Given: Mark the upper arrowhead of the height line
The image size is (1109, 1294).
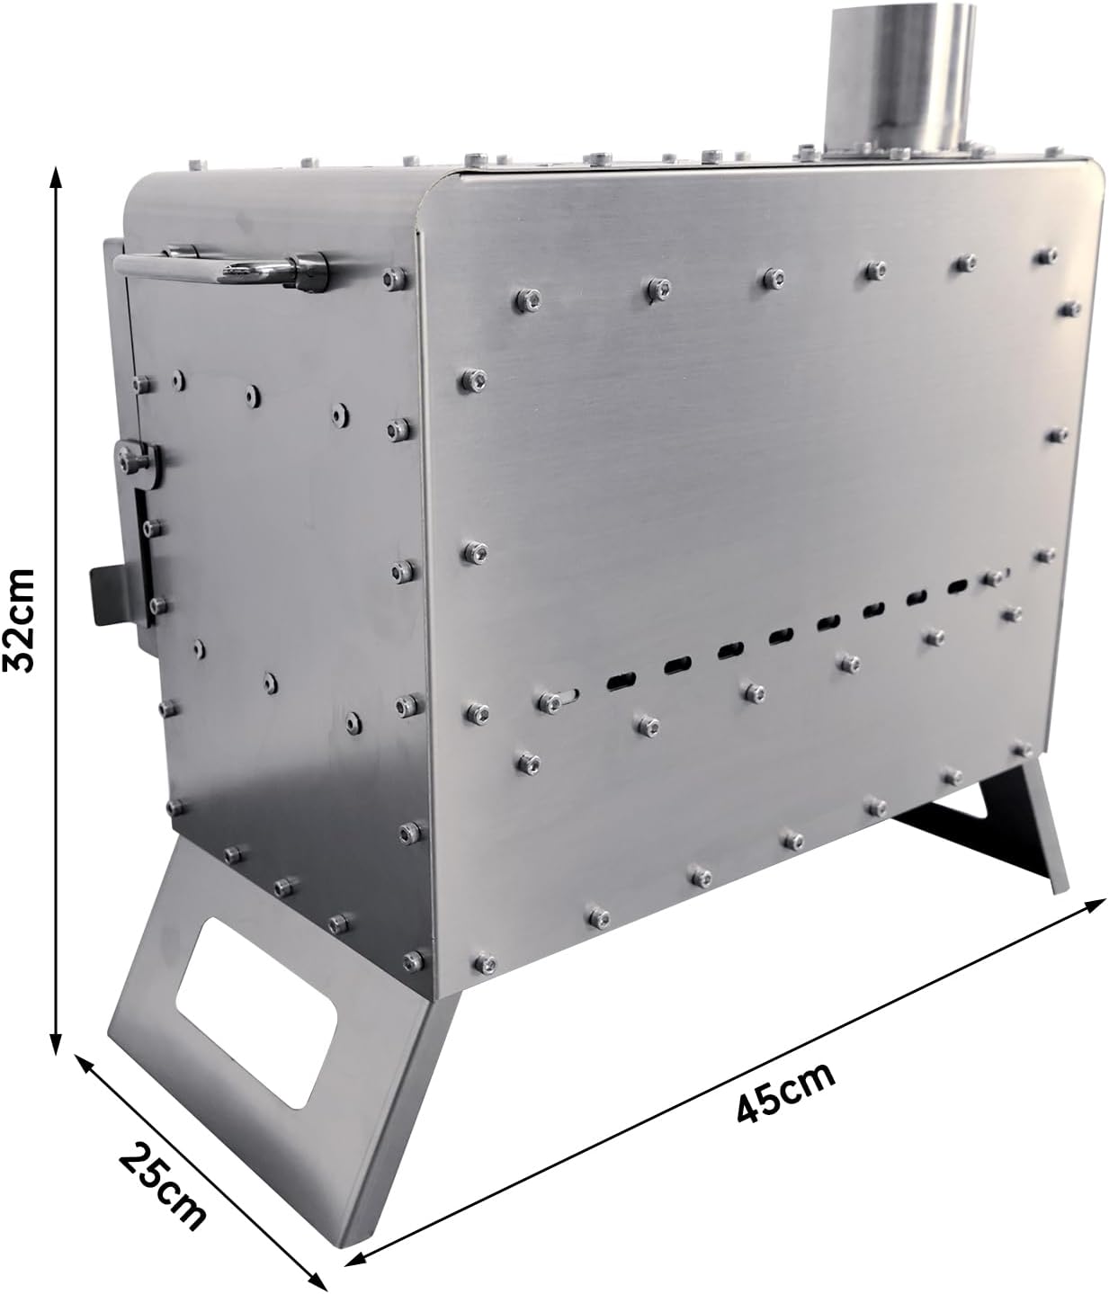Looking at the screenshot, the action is pyautogui.click(x=56, y=177).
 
